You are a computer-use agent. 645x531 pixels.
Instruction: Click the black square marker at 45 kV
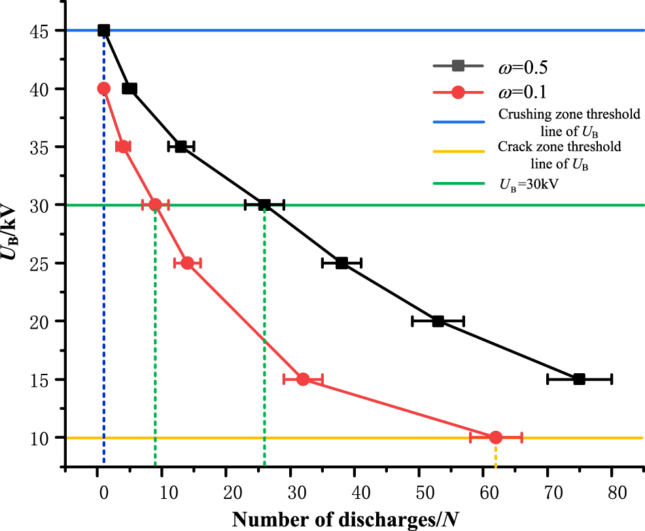(x=103, y=30)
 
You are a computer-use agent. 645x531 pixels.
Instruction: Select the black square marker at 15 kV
(x=579, y=379)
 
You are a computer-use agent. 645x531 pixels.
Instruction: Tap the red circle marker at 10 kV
(x=496, y=437)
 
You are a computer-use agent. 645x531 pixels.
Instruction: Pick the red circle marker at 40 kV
(x=103, y=88)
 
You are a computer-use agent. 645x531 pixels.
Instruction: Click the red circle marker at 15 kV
(x=303, y=379)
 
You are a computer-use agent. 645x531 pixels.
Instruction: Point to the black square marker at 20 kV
(x=438, y=321)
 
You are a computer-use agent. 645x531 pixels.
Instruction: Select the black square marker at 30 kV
(x=264, y=205)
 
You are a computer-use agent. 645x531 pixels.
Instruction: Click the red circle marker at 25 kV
(x=188, y=263)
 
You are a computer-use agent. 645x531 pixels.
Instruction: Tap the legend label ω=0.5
(x=523, y=65)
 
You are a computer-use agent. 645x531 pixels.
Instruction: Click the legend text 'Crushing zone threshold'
(x=569, y=115)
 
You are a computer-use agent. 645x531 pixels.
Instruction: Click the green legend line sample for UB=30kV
(x=458, y=185)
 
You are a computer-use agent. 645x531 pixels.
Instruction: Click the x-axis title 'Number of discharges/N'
(x=345, y=519)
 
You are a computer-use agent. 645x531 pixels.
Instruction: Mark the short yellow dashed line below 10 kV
(x=496, y=456)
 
